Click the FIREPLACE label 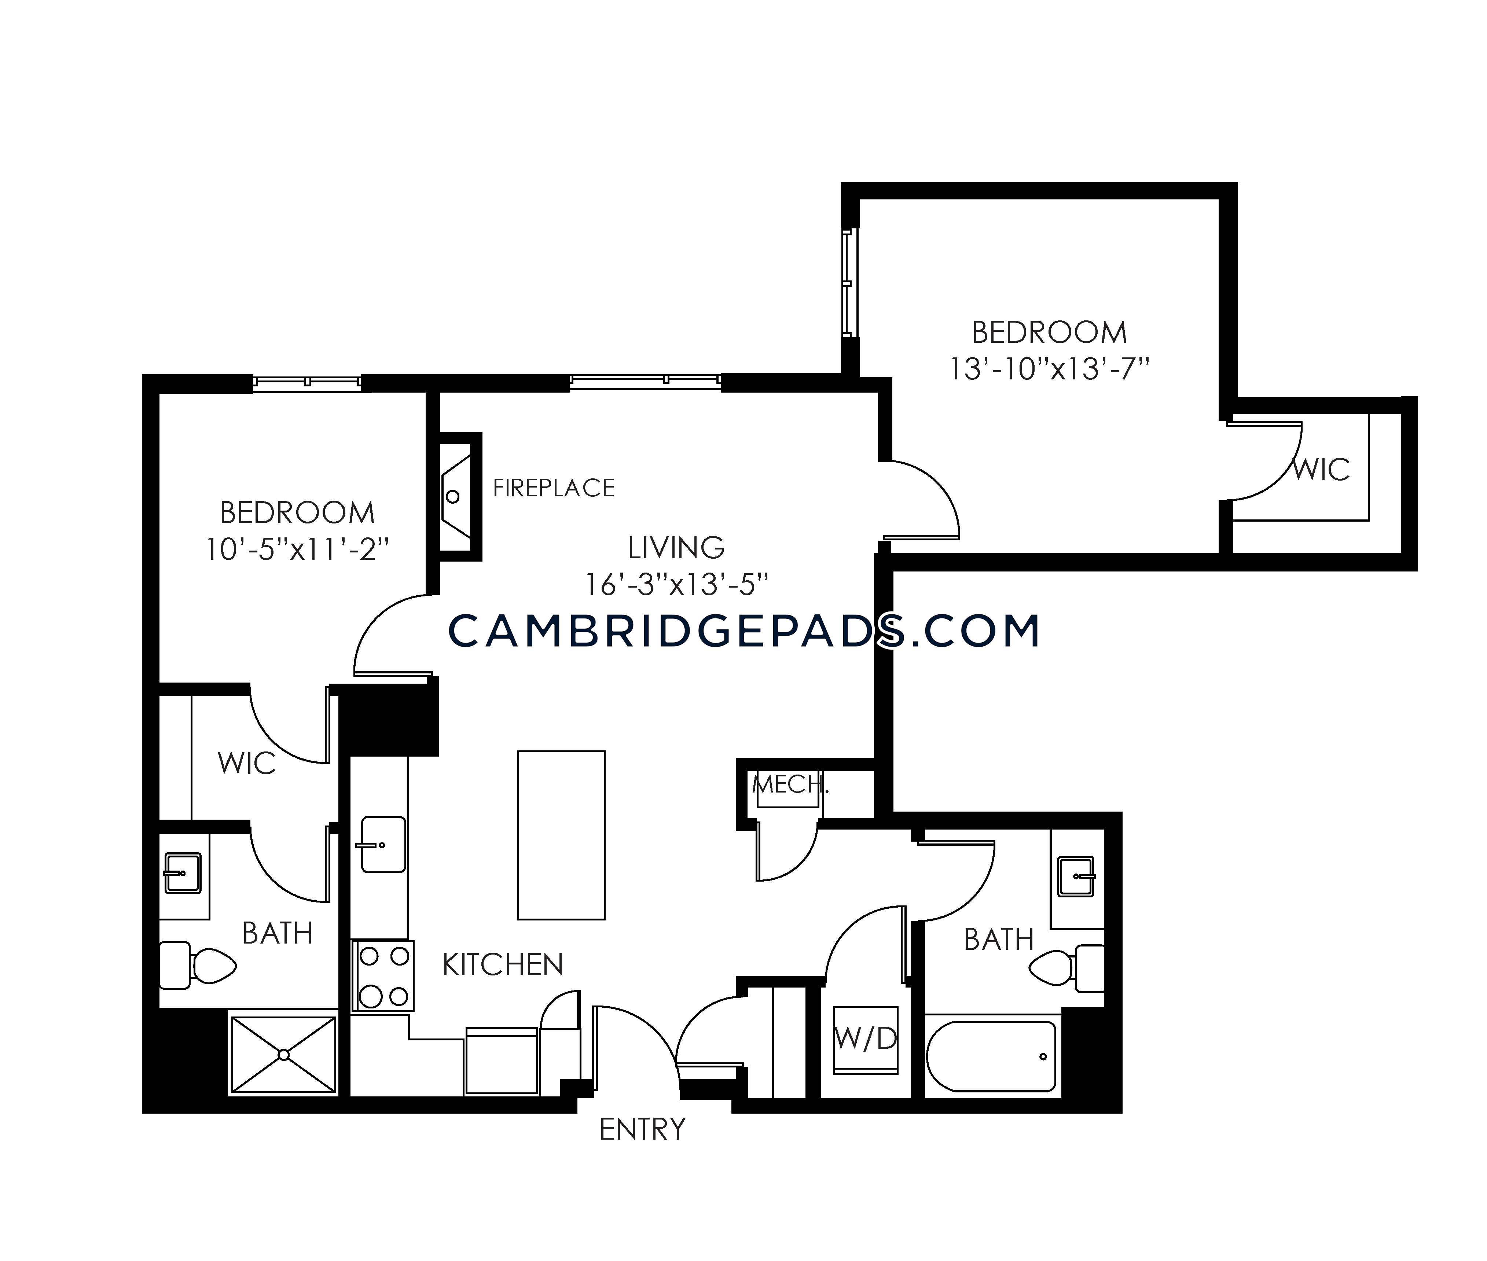[553, 488]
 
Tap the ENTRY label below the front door [642, 1129]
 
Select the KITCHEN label [503, 965]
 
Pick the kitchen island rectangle [561, 835]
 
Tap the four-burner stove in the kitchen [382, 976]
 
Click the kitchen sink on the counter [383, 845]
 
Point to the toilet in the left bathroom [197, 965]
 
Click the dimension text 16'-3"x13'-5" [676, 585]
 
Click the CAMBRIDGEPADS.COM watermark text [743, 631]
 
